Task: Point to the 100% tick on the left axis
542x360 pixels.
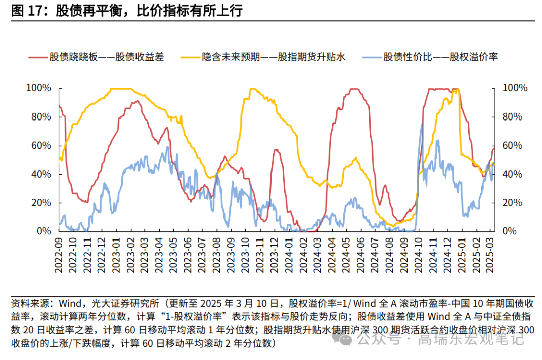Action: click(x=38, y=88)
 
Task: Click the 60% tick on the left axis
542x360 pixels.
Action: click(x=40, y=146)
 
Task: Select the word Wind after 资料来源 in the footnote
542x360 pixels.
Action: click(x=72, y=304)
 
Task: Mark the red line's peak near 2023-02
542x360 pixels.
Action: click(x=135, y=101)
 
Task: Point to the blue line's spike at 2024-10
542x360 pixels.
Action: click(x=422, y=124)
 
